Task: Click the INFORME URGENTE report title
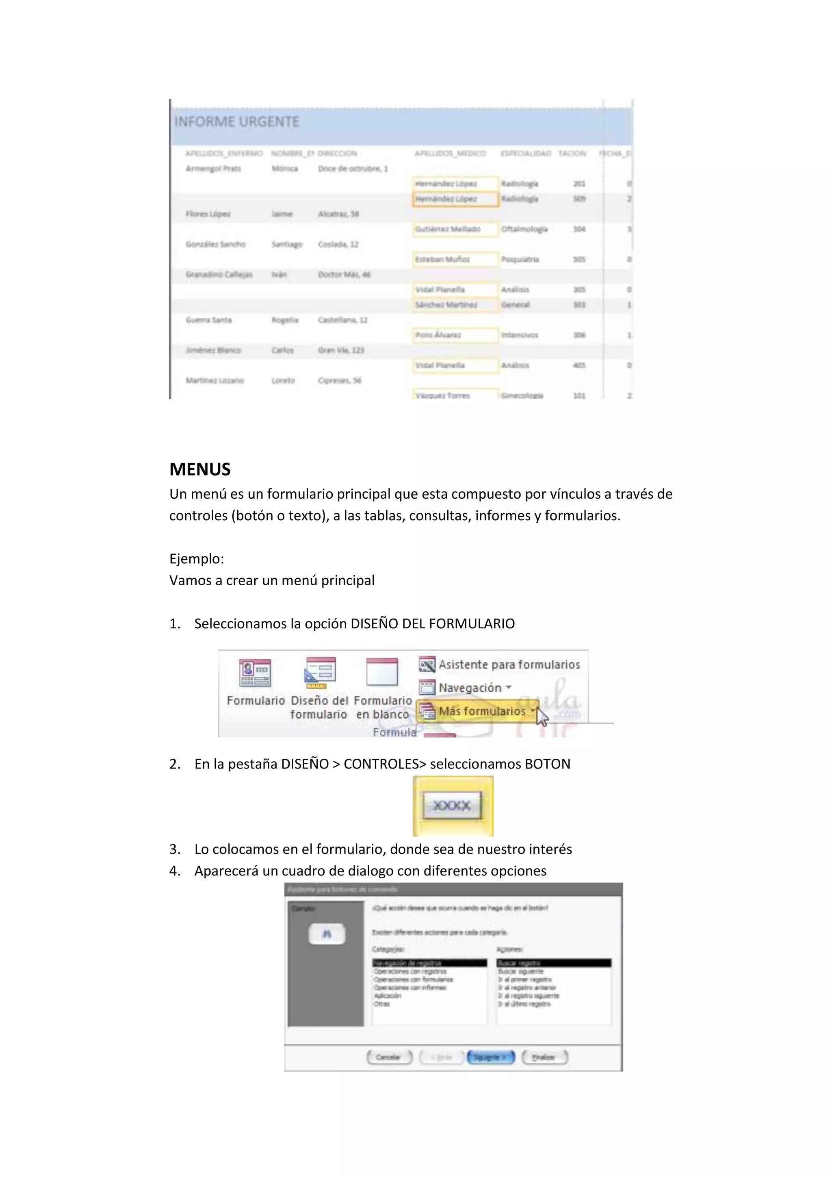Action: (237, 122)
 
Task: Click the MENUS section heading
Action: (200, 469)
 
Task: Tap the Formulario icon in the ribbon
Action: (255, 673)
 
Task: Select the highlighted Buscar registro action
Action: (553, 963)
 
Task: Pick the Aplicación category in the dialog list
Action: (388, 995)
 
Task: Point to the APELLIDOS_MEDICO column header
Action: (450, 153)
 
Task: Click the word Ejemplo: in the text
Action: (197, 559)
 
